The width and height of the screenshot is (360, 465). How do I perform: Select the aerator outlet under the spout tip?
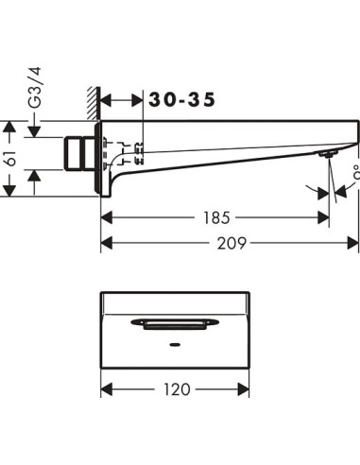point(327,155)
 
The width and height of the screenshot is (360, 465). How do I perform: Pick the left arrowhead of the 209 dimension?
point(106,243)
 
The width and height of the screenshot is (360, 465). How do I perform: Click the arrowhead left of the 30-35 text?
point(106,97)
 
